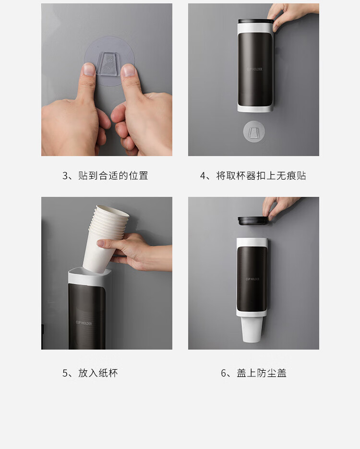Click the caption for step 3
(x=105, y=176)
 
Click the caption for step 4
(x=253, y=176)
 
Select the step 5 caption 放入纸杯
(x=90, y=373)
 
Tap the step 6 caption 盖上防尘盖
(x=253, y=373)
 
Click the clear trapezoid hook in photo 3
(x=109, y=63)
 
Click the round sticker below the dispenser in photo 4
(x=254, y=132)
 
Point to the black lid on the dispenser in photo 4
(x=255, y=21)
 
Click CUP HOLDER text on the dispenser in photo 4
(x=254, y=69)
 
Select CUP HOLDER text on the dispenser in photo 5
(x=84, y=323)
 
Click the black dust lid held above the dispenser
(x=253, y=221)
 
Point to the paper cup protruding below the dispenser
(x=252, y=329)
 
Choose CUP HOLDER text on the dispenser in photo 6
(x=252, y=279)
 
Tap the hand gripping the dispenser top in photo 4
(x=290, y=15)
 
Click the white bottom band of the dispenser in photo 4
(x=255, y=109)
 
